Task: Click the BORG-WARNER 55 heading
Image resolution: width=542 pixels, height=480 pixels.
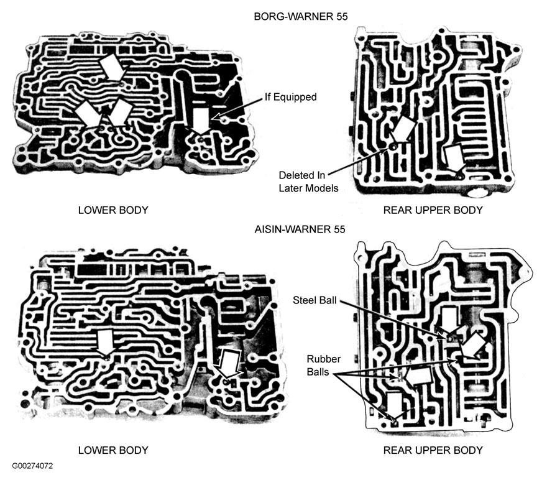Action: (300, 17)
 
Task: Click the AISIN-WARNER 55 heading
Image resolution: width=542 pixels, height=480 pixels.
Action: (300, 229)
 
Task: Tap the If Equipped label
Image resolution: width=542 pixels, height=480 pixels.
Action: (290, 97)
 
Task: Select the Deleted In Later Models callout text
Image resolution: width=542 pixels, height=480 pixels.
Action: (308, 182)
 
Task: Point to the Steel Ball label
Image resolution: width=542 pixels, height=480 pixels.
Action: (315, 300)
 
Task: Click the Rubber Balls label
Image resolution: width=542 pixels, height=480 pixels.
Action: (324, 366)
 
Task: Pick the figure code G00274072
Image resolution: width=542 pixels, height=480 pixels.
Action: (32, 466)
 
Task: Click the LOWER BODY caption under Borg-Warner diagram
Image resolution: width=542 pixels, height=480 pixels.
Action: (113, 210)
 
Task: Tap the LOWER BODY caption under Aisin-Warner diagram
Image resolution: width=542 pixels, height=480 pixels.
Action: (113, 450)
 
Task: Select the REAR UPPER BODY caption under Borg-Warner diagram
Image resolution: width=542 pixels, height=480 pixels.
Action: (433, 210)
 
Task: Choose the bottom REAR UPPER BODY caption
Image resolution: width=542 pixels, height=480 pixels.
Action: (433, 450)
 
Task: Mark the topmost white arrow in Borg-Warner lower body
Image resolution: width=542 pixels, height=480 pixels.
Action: (111, 67)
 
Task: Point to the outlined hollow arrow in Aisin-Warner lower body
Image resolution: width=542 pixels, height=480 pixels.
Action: (227, 364)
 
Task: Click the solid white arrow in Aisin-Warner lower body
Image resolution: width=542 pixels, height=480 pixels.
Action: (105, 342)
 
